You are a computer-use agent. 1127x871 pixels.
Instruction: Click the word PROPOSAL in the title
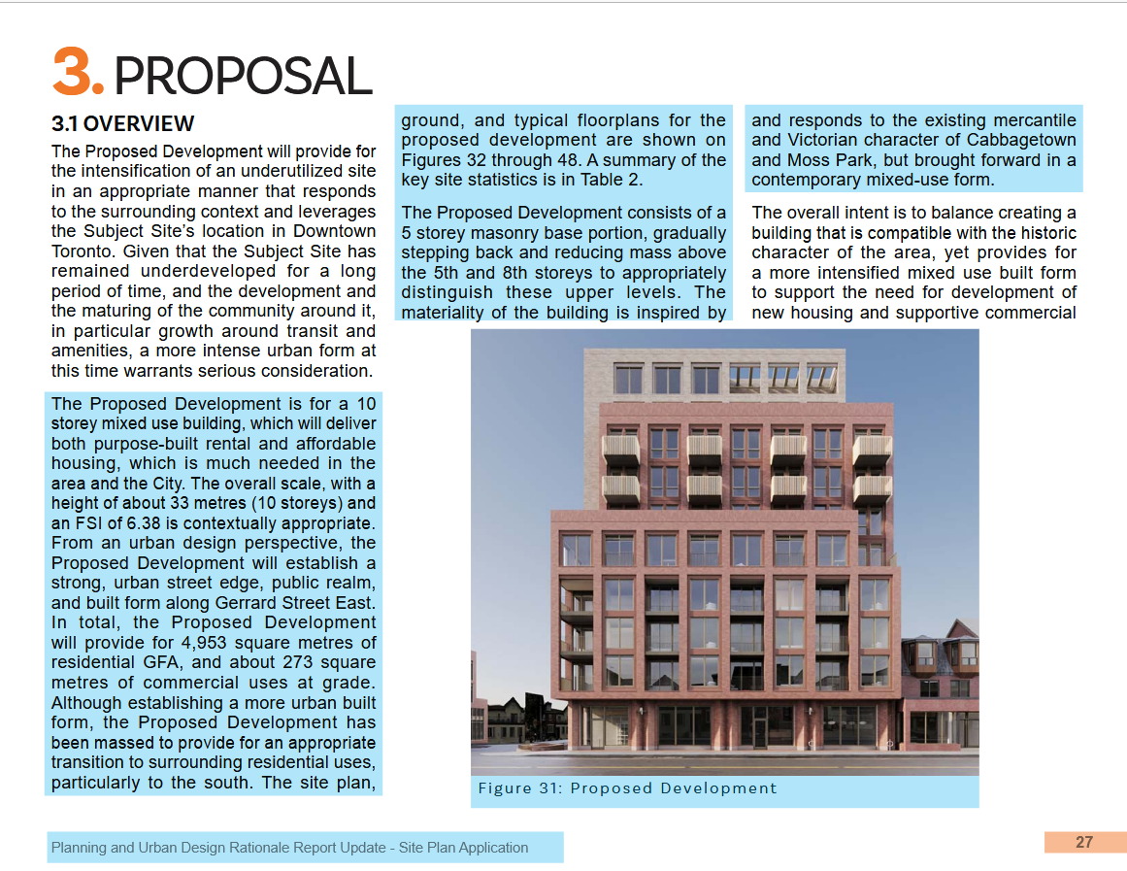point(243,75)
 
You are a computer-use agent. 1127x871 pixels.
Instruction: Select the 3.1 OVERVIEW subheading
point(123,124)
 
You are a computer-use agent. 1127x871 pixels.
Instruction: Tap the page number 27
point(1084,842)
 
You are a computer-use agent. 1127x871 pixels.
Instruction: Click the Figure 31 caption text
point(627,788)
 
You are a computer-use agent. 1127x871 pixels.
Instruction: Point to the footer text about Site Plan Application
point(289,848)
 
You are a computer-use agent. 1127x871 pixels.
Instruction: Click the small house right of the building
point(940,689)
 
